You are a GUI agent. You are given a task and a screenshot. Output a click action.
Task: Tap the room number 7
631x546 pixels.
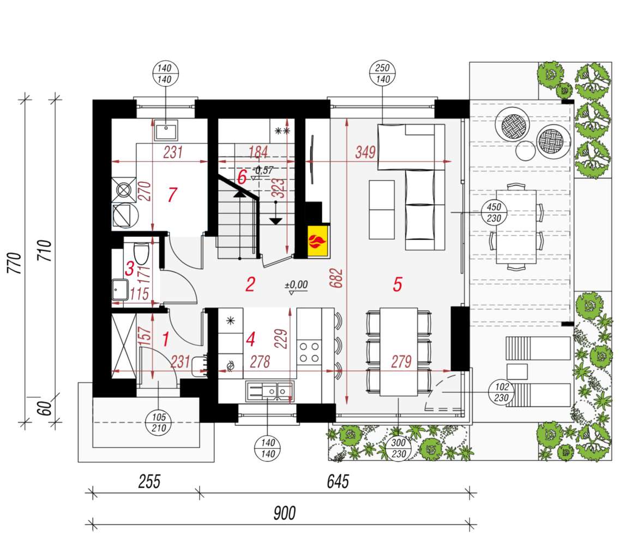pyautogui.click(x=172, y=194)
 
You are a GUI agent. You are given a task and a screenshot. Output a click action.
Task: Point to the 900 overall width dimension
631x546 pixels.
pyautogui.click(x=284, y=513)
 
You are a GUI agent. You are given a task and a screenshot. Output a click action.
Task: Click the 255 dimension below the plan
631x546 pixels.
pyautogui.click(x=148, y=482)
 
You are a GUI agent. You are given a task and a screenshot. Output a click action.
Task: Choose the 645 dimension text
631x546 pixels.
pyautogui.click(x=338, y=482)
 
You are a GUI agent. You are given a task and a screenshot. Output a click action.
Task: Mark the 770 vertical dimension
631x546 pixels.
pyautogui.click(x=16, y=263)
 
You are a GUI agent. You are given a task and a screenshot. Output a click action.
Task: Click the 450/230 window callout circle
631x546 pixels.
pyautogui.click(x=494, y=212)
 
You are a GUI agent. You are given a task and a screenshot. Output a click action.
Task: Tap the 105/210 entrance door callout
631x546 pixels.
pyautogui.click(x=159, y=422)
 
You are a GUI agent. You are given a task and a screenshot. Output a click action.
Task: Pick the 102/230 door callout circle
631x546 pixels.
pyautogui.click(x=501, y=393)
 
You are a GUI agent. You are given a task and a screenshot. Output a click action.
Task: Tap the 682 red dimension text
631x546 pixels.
pyautogui.click(x=340, y=278)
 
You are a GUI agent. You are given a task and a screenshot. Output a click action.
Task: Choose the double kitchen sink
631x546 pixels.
pyautogui.click(x=269, y=390)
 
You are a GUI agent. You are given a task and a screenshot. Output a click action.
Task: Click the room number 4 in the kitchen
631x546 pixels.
pyautogui.click(x=250, y=340)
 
